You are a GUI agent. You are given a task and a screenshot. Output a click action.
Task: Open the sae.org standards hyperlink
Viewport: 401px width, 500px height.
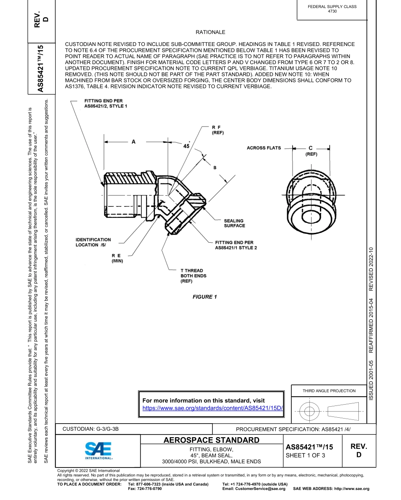(212, 408)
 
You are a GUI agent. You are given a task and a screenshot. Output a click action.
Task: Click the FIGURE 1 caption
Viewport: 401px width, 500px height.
(205, 297)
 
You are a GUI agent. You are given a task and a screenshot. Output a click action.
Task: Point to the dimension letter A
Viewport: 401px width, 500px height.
(133, 142)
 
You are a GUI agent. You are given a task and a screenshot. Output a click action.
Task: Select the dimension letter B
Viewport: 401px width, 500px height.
(214, 168)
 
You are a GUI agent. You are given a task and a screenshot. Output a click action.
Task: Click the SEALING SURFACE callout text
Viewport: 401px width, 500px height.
(234, 223)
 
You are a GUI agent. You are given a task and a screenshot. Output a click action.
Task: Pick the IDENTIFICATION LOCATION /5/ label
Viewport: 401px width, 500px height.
(93, 242)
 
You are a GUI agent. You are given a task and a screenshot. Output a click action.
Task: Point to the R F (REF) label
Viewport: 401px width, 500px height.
(217, 130)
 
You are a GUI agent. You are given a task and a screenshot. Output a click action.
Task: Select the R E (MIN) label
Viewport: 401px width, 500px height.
(117, 258)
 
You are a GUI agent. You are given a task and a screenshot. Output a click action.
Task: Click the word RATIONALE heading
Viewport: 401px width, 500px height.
(210, 32)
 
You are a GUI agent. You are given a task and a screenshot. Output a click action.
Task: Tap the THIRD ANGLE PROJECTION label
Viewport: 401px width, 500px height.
(329, 391)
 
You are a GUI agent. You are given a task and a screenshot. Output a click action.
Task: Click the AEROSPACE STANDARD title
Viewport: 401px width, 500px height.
(211, 441)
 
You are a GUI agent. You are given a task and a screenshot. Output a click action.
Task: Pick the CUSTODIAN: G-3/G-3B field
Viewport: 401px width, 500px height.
(91, 429)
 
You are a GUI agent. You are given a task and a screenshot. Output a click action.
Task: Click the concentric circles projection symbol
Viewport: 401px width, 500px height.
(310, 410)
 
